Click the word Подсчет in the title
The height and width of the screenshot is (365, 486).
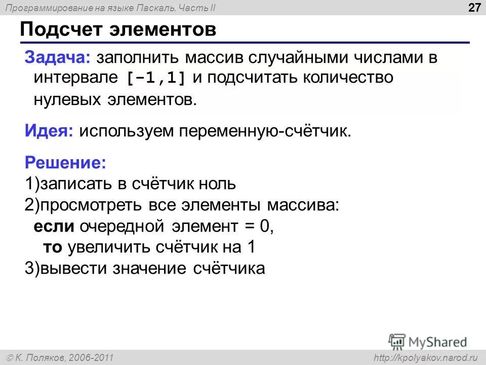[63, 29]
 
